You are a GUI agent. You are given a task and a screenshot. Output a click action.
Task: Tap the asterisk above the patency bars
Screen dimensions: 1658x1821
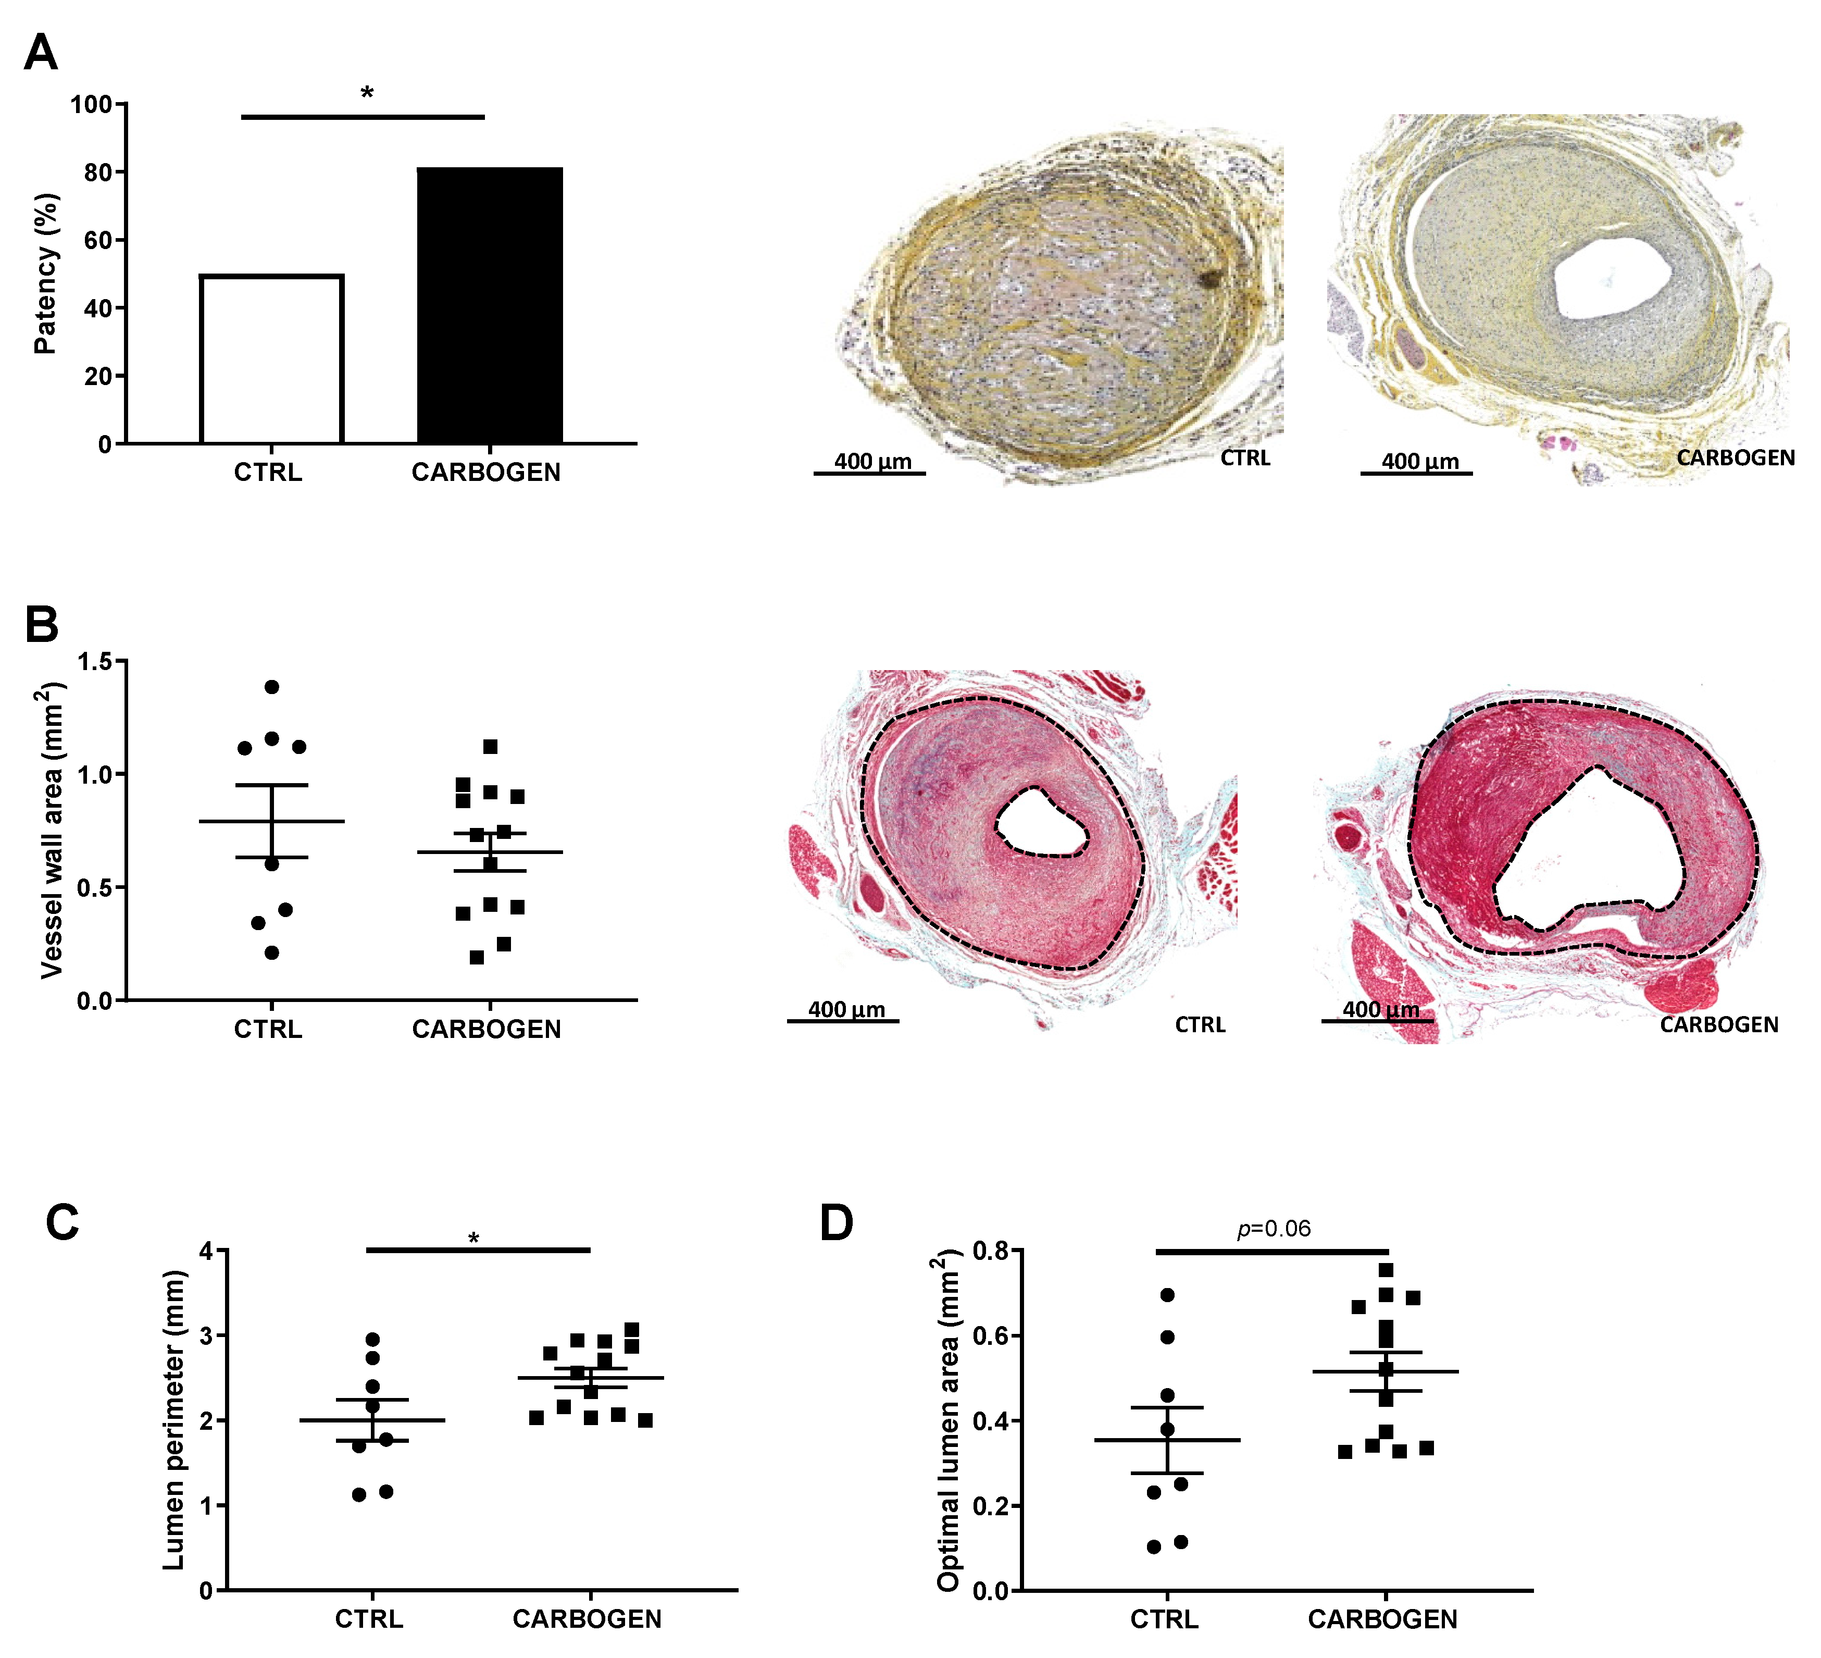pyautogui.click(x=366, y=92)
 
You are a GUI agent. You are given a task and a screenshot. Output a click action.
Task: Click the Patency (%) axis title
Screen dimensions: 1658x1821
pyautogui.click(x=45, y=273)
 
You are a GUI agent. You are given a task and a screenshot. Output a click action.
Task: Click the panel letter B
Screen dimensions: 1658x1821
pyautogui.click(x=42, y=624)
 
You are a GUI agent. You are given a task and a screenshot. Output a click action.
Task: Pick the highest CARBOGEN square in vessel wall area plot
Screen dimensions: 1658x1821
pyautogui.click(x=491, y=746)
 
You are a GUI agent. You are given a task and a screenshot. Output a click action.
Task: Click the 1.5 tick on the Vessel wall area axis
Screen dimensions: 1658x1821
pyautogui.click(x=95, y=661)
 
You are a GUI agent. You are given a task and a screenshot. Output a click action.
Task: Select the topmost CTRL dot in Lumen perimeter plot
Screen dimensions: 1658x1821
pyautogui.click(x=372, y=1339)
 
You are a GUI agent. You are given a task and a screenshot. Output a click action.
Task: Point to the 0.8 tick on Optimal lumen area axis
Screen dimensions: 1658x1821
pyautogui.click(x=990, y=1251)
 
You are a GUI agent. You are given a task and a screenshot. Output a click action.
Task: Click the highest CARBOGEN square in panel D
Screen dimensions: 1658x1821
pyautogui.click(x=1386, y=1269)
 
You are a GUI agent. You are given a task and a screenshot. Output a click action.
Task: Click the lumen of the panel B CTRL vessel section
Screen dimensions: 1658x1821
pyautogui.click(x=1041, y=821)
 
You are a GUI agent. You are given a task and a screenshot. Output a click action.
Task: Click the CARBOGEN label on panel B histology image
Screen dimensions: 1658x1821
pyautogui.click(x=1718, y=1024)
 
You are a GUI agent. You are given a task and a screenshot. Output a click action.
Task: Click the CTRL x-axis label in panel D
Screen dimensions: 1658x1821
pyautogui.click(x=1164, y=1619)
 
